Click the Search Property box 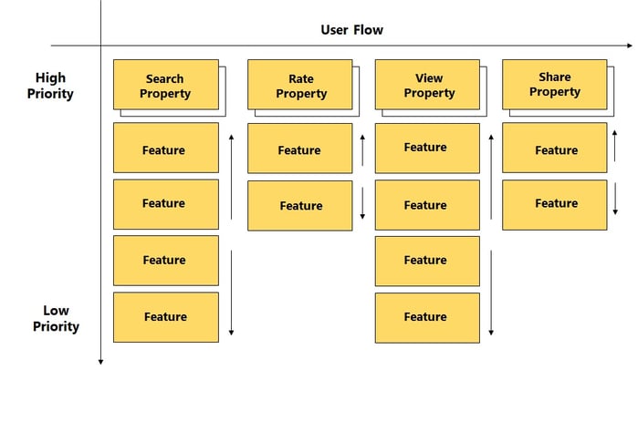click(166, 85)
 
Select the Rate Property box click(300, 85)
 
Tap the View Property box click(427, 85)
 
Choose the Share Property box click(555, 85)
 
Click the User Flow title click(352, 30)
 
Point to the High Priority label click(50, 86)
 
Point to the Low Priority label click(57, 319)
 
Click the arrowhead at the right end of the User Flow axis click(631, 46)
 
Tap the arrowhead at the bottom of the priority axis click(100, 362)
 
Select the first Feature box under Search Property click(166, 148)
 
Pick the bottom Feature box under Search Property click(166, 317)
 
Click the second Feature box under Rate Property click(300, 206)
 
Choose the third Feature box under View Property click(427, 262)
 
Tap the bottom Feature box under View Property click(427, 318)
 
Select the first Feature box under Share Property click(555, 148)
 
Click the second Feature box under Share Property click(555, 205)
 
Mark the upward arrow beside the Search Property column click(231, 177)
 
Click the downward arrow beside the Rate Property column click(362, 203)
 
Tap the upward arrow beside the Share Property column click(615, 146)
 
